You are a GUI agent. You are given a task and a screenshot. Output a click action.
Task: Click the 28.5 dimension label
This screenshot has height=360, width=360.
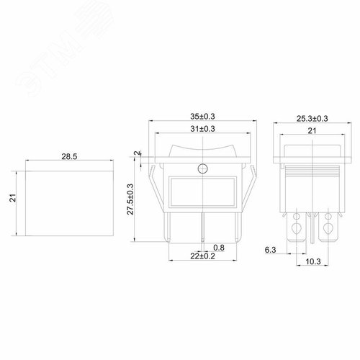69,156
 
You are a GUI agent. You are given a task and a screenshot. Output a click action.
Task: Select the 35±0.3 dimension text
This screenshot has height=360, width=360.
202,117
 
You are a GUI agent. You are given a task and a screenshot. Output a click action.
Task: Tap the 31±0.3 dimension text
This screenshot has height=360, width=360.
202,129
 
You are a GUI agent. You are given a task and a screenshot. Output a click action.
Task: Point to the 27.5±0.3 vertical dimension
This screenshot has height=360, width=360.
130,199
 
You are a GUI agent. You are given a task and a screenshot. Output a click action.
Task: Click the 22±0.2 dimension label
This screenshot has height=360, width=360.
202,256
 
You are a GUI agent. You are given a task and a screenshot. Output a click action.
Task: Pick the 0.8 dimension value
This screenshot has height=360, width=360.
219,248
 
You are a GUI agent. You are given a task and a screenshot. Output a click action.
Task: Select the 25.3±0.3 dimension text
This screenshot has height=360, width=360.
312,119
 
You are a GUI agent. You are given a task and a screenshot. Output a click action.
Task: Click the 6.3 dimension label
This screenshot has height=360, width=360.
271,250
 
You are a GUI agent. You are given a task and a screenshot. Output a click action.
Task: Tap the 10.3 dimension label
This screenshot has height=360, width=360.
313,261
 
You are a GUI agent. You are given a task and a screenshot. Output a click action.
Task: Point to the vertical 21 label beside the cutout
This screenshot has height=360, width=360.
14,198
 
